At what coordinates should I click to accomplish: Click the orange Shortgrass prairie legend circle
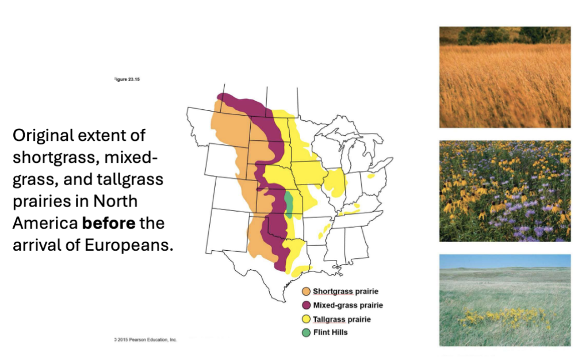click(x=306, y=292)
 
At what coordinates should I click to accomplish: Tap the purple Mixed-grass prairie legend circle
click(x=306, y=305)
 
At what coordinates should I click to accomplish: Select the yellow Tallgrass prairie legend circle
click(x=306, y=319)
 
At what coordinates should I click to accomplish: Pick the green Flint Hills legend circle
click(x=306, y=332)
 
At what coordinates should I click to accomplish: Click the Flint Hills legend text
click(x=330, y=332)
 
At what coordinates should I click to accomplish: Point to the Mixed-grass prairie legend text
click(x=347, y=305)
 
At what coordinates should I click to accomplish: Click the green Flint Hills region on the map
click(x=289, y=204)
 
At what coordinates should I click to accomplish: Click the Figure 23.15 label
click(x=127, y=79)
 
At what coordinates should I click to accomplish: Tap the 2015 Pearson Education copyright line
click(x=146, y=340)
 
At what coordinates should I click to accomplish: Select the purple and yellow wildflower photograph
click(x=505, y=191)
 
